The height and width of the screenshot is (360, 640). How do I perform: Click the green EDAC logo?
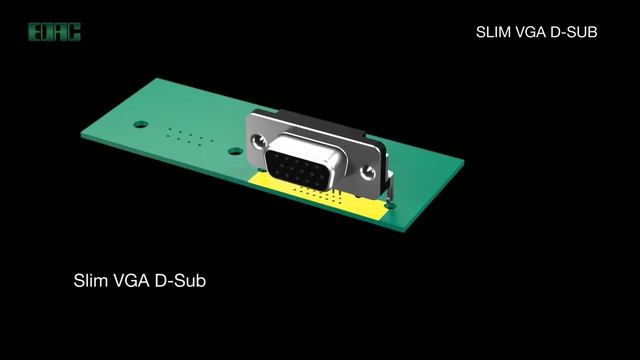54,32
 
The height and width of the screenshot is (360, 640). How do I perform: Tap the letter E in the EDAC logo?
34,32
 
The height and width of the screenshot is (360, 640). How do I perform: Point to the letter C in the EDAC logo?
74,32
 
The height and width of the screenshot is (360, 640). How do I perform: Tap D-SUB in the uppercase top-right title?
574,32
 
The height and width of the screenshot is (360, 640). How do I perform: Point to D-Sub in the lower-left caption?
180,280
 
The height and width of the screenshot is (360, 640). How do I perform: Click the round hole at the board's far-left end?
141,124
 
